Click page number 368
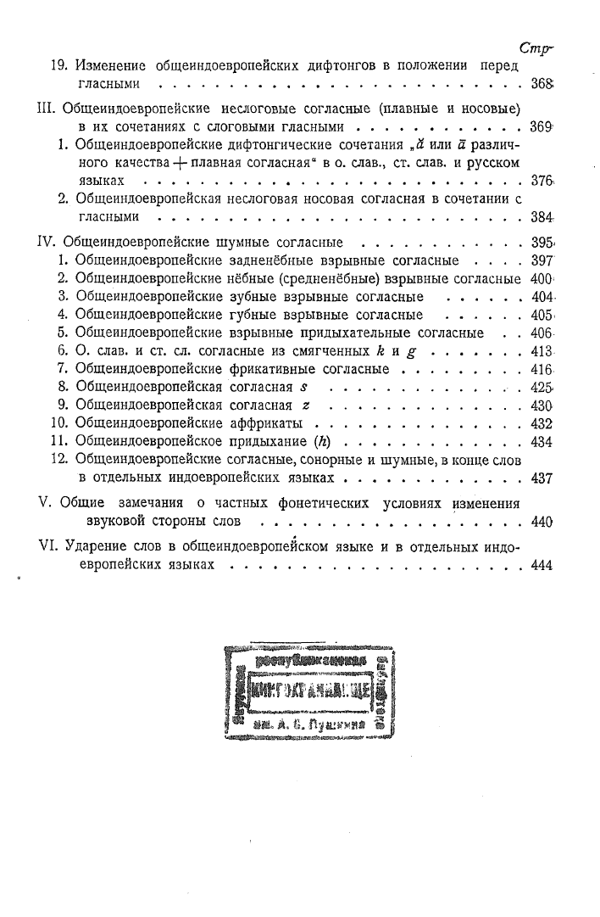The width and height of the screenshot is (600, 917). point(540,86)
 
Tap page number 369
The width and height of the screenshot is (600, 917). point(540,127)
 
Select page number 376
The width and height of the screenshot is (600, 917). point(540,182)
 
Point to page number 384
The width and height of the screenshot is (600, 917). point(540,218)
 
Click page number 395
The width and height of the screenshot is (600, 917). point(540,242)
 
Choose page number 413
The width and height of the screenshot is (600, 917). point(540,351)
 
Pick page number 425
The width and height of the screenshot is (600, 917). point(540,387)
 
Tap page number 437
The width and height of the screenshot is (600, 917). point(540,478)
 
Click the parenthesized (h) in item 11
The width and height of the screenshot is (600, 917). point(320,442)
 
